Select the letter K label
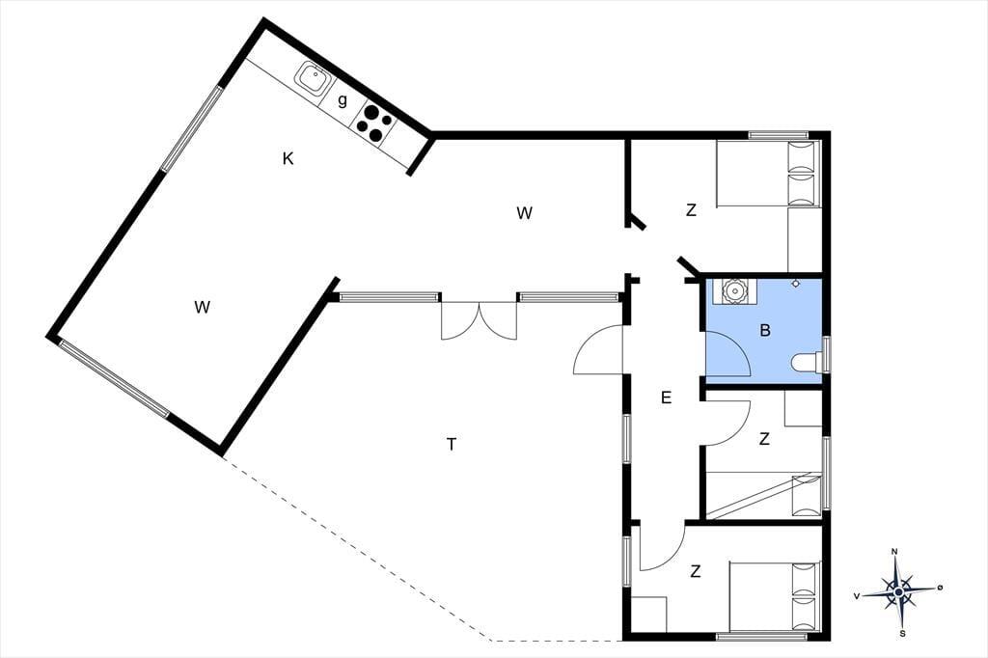(x=288, y=158)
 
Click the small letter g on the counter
(x=343, y=101)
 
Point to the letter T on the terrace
(x=452, y=445)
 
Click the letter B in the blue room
(x=765, y=330)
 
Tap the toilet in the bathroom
(x=808, y=362)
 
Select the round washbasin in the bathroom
(x=733, y=291)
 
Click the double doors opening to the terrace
(x=479, y=321)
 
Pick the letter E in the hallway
(x=666, y=398)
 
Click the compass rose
(x=898, y=591)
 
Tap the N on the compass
(x=894, y=552)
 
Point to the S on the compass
(x=902, y=634)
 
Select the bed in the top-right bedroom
(x=768, y=174)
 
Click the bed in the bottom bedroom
(x=775, y=596)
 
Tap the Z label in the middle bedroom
(x=764, y=439)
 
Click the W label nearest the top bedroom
(x=524, y=213)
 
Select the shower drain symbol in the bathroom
(x=796, y=284)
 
